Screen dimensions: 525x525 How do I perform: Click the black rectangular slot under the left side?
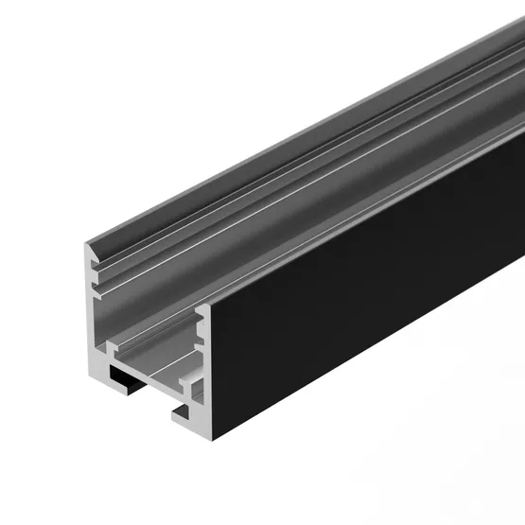(x=124, y=379)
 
